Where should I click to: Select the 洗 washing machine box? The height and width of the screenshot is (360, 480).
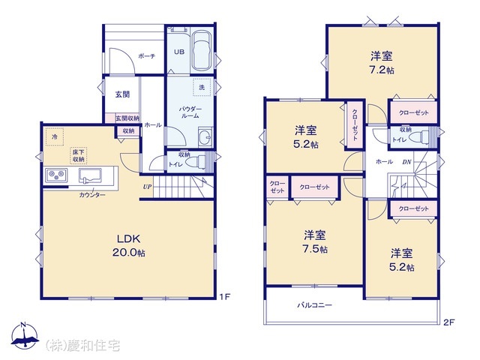(x=202, y=88)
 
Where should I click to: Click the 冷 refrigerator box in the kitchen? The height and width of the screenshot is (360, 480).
(x=53, y=137)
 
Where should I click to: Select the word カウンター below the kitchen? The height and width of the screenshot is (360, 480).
(x=92, y=195)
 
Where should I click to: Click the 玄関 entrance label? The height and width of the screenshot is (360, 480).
(x=123, y=94)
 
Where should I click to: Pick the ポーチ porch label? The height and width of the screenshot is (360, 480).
(x=146, y=56)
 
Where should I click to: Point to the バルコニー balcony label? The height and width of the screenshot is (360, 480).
(x=314, y=305)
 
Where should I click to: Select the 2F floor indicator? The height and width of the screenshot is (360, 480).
(x=448, y=323)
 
